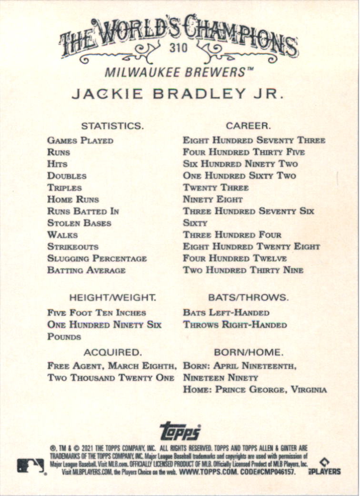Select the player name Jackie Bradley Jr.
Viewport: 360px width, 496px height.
pos(178,94)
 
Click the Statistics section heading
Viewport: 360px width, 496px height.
pos(112,126)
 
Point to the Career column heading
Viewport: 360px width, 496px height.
pos(248,126)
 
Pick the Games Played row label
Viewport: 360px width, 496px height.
pos(80,141)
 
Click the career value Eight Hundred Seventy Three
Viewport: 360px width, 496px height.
pos(254,141)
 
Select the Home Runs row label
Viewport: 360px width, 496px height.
pos(73,200)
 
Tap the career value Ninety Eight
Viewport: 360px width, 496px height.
pos(213,200)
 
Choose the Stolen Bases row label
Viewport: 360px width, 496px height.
pos(79,223)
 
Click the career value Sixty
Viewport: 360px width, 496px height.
pos(195,223)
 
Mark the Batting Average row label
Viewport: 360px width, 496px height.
pos(86,270)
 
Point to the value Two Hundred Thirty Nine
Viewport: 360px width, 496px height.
pos(243,270)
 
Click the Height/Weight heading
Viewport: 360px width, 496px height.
pos(113,298)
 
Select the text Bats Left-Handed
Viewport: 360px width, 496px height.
pos(226,313)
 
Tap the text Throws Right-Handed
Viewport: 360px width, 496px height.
pos(235,325)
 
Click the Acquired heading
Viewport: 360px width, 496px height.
pos(113,353)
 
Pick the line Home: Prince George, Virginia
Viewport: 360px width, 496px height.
pos(255,390)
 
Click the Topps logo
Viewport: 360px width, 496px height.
pos(180,431)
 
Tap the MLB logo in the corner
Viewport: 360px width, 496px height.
pos(31,466)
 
